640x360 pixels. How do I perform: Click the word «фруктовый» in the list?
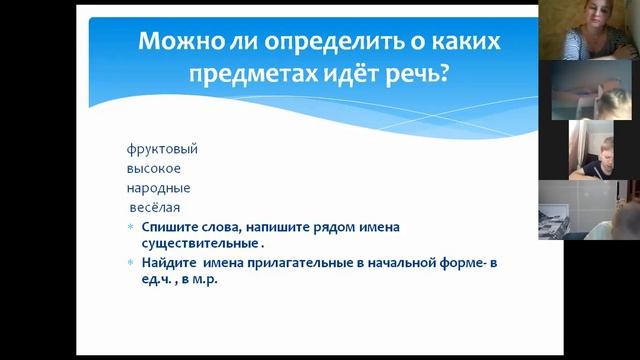pos(162,149)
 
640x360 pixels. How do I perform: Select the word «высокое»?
pos(153,168)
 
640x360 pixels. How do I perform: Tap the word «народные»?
pos(158,188)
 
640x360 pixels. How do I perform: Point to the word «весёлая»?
pos(154,207)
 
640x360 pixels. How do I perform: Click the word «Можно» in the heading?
pos(176,43)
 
